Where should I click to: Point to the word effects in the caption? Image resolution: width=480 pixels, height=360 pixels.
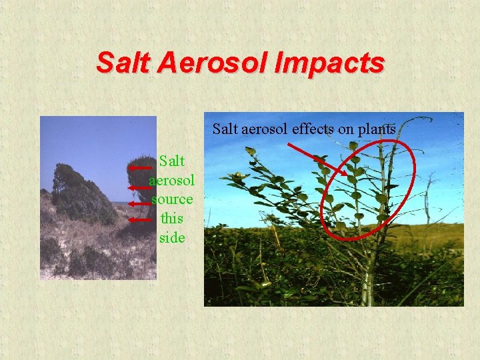pos(313,129)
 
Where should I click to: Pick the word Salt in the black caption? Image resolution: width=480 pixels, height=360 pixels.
pos(225,129)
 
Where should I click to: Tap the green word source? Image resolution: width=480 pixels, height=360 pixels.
pos(172,199)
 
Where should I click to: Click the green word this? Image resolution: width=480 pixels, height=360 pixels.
pos(172,218)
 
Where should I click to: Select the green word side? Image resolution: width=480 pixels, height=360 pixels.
pos(172,237)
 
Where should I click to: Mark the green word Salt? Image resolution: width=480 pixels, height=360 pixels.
pos(172,161)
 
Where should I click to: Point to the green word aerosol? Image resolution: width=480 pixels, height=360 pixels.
pos(172,180)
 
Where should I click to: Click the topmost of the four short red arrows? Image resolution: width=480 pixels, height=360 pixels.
pos(140,169)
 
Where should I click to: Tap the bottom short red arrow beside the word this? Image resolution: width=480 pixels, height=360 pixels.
pos(140,219)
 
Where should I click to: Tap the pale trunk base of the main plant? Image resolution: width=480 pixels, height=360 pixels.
pos(366,290)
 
